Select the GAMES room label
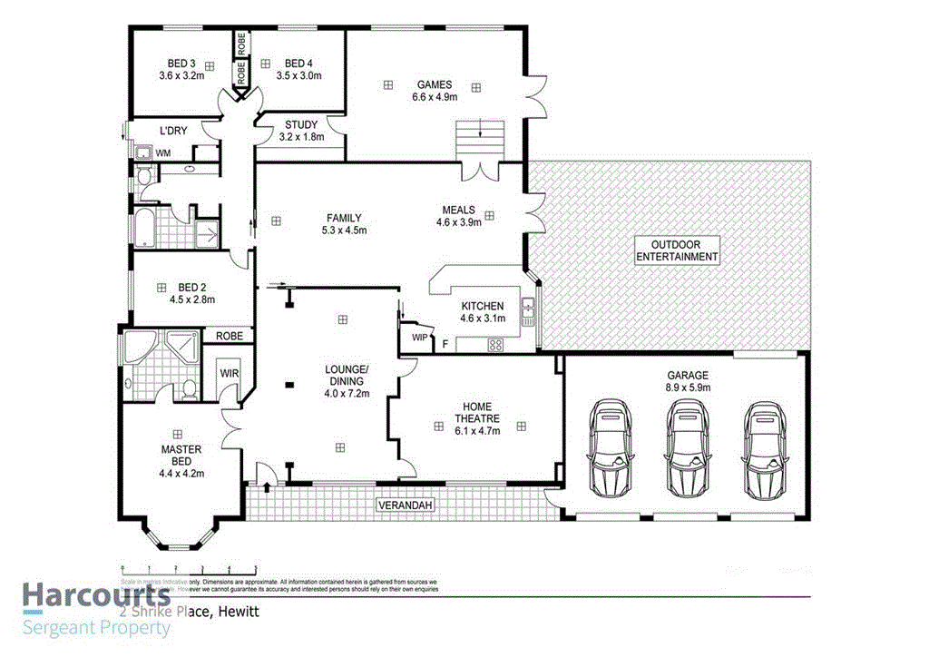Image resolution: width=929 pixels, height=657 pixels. (435, 84)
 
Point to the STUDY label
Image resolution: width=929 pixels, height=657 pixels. (300, 125)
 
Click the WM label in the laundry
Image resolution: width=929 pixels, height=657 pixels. (162, 153)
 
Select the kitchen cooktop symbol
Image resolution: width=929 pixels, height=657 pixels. (496, 344)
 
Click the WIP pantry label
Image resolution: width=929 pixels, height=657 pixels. (419, 338)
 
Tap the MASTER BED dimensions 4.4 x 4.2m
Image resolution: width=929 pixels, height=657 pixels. (181, 473)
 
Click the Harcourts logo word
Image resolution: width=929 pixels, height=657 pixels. (96, 596)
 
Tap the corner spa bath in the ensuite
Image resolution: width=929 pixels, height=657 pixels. (140, 348)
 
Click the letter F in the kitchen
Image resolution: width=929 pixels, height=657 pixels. (445, 344)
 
